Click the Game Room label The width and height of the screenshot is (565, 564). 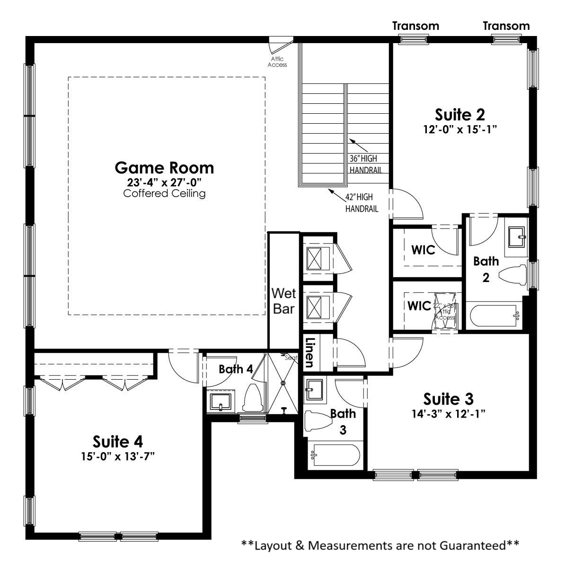(164, 168)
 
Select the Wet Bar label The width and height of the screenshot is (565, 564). (283, 301)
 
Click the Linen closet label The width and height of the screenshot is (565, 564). (310, 353)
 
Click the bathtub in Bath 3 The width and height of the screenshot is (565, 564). (334, 456)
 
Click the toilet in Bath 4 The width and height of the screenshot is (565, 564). (250, 398)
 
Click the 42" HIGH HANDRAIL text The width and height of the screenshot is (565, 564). (362, 202)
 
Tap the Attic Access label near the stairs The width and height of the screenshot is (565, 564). (277, 62)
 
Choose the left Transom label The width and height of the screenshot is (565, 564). (415, 26)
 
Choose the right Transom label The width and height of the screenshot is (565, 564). (506, 26)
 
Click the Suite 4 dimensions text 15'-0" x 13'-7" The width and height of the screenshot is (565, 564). (118, 456)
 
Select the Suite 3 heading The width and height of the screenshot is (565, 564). (448, 398)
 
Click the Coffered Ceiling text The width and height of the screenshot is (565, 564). (164, 193)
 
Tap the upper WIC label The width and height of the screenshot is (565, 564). (423, 250)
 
